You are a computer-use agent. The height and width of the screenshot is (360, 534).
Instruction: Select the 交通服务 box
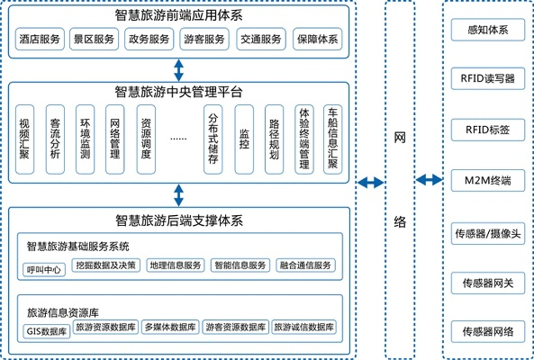(x=261, y=40)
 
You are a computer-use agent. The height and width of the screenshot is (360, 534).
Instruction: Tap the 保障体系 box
(x=317, y=40)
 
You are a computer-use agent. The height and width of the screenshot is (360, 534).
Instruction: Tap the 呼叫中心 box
(x=45, y=266)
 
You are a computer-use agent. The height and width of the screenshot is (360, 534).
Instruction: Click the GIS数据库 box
(x=46, y=328)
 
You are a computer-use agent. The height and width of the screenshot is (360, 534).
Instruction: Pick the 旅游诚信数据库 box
(x=305, y=328)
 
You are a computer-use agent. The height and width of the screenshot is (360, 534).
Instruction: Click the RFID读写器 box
(x=487, y=78)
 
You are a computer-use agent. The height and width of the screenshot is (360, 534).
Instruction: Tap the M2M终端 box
(x=487, y=181)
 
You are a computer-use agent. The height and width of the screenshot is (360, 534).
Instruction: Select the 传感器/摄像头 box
(x=487, y=233)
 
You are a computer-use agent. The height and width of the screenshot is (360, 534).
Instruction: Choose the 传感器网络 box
(x=487, y=332)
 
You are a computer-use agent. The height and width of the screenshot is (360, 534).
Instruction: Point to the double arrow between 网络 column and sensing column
(x=429, y=183)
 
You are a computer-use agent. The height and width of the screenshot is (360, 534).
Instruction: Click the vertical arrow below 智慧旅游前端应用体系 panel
(x=178, y=69)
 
